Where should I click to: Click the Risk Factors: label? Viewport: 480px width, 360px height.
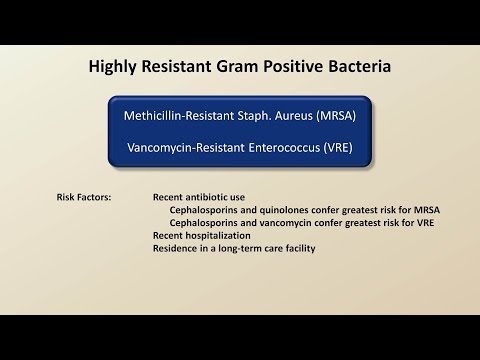[x=84, y=198]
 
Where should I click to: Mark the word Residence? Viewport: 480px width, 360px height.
[x=175, y=246]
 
